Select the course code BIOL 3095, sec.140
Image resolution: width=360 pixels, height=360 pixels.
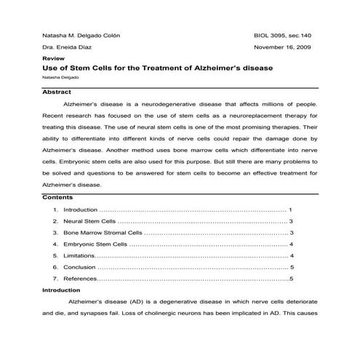[x=281, y=34]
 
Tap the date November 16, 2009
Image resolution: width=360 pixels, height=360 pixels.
[x=284, y=47]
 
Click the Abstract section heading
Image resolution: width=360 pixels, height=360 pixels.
[x=57, y=93]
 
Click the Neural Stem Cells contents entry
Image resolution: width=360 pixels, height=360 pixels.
[x=89, y=220]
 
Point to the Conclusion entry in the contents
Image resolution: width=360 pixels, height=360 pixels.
[x=79, y=267]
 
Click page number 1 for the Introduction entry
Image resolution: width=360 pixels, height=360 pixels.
[x=290, y=209]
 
